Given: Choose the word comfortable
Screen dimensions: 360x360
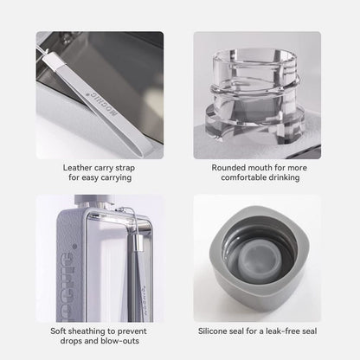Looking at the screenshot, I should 243,177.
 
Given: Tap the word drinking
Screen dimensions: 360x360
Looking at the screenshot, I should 286,177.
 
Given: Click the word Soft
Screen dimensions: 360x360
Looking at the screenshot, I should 60,330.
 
